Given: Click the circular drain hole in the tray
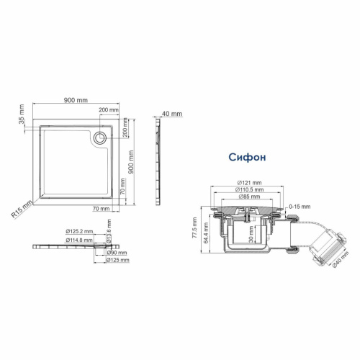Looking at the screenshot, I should [101, 136].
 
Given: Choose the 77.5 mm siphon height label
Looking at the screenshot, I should [195, 230].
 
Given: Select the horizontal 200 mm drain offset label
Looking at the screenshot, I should [109, 109].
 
